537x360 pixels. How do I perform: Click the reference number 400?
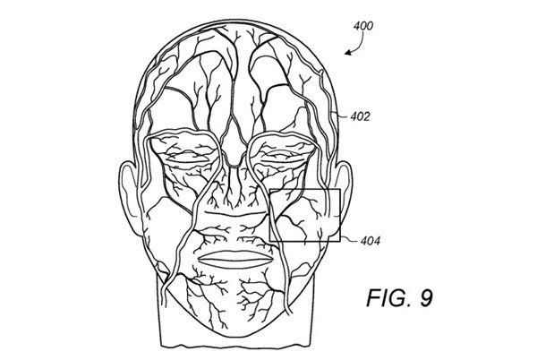(363, 26)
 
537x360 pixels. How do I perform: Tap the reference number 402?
(360, 116)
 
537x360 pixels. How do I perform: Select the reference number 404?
(371, 241)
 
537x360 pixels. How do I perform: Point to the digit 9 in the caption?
(426, 297)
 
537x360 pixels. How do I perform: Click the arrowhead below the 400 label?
(349, 53)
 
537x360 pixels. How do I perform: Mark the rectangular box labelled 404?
(305, 215)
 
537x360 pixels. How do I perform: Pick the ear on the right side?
(344, 195)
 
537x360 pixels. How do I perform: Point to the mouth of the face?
(235, 260)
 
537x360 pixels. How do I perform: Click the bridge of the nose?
(234, 144)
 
